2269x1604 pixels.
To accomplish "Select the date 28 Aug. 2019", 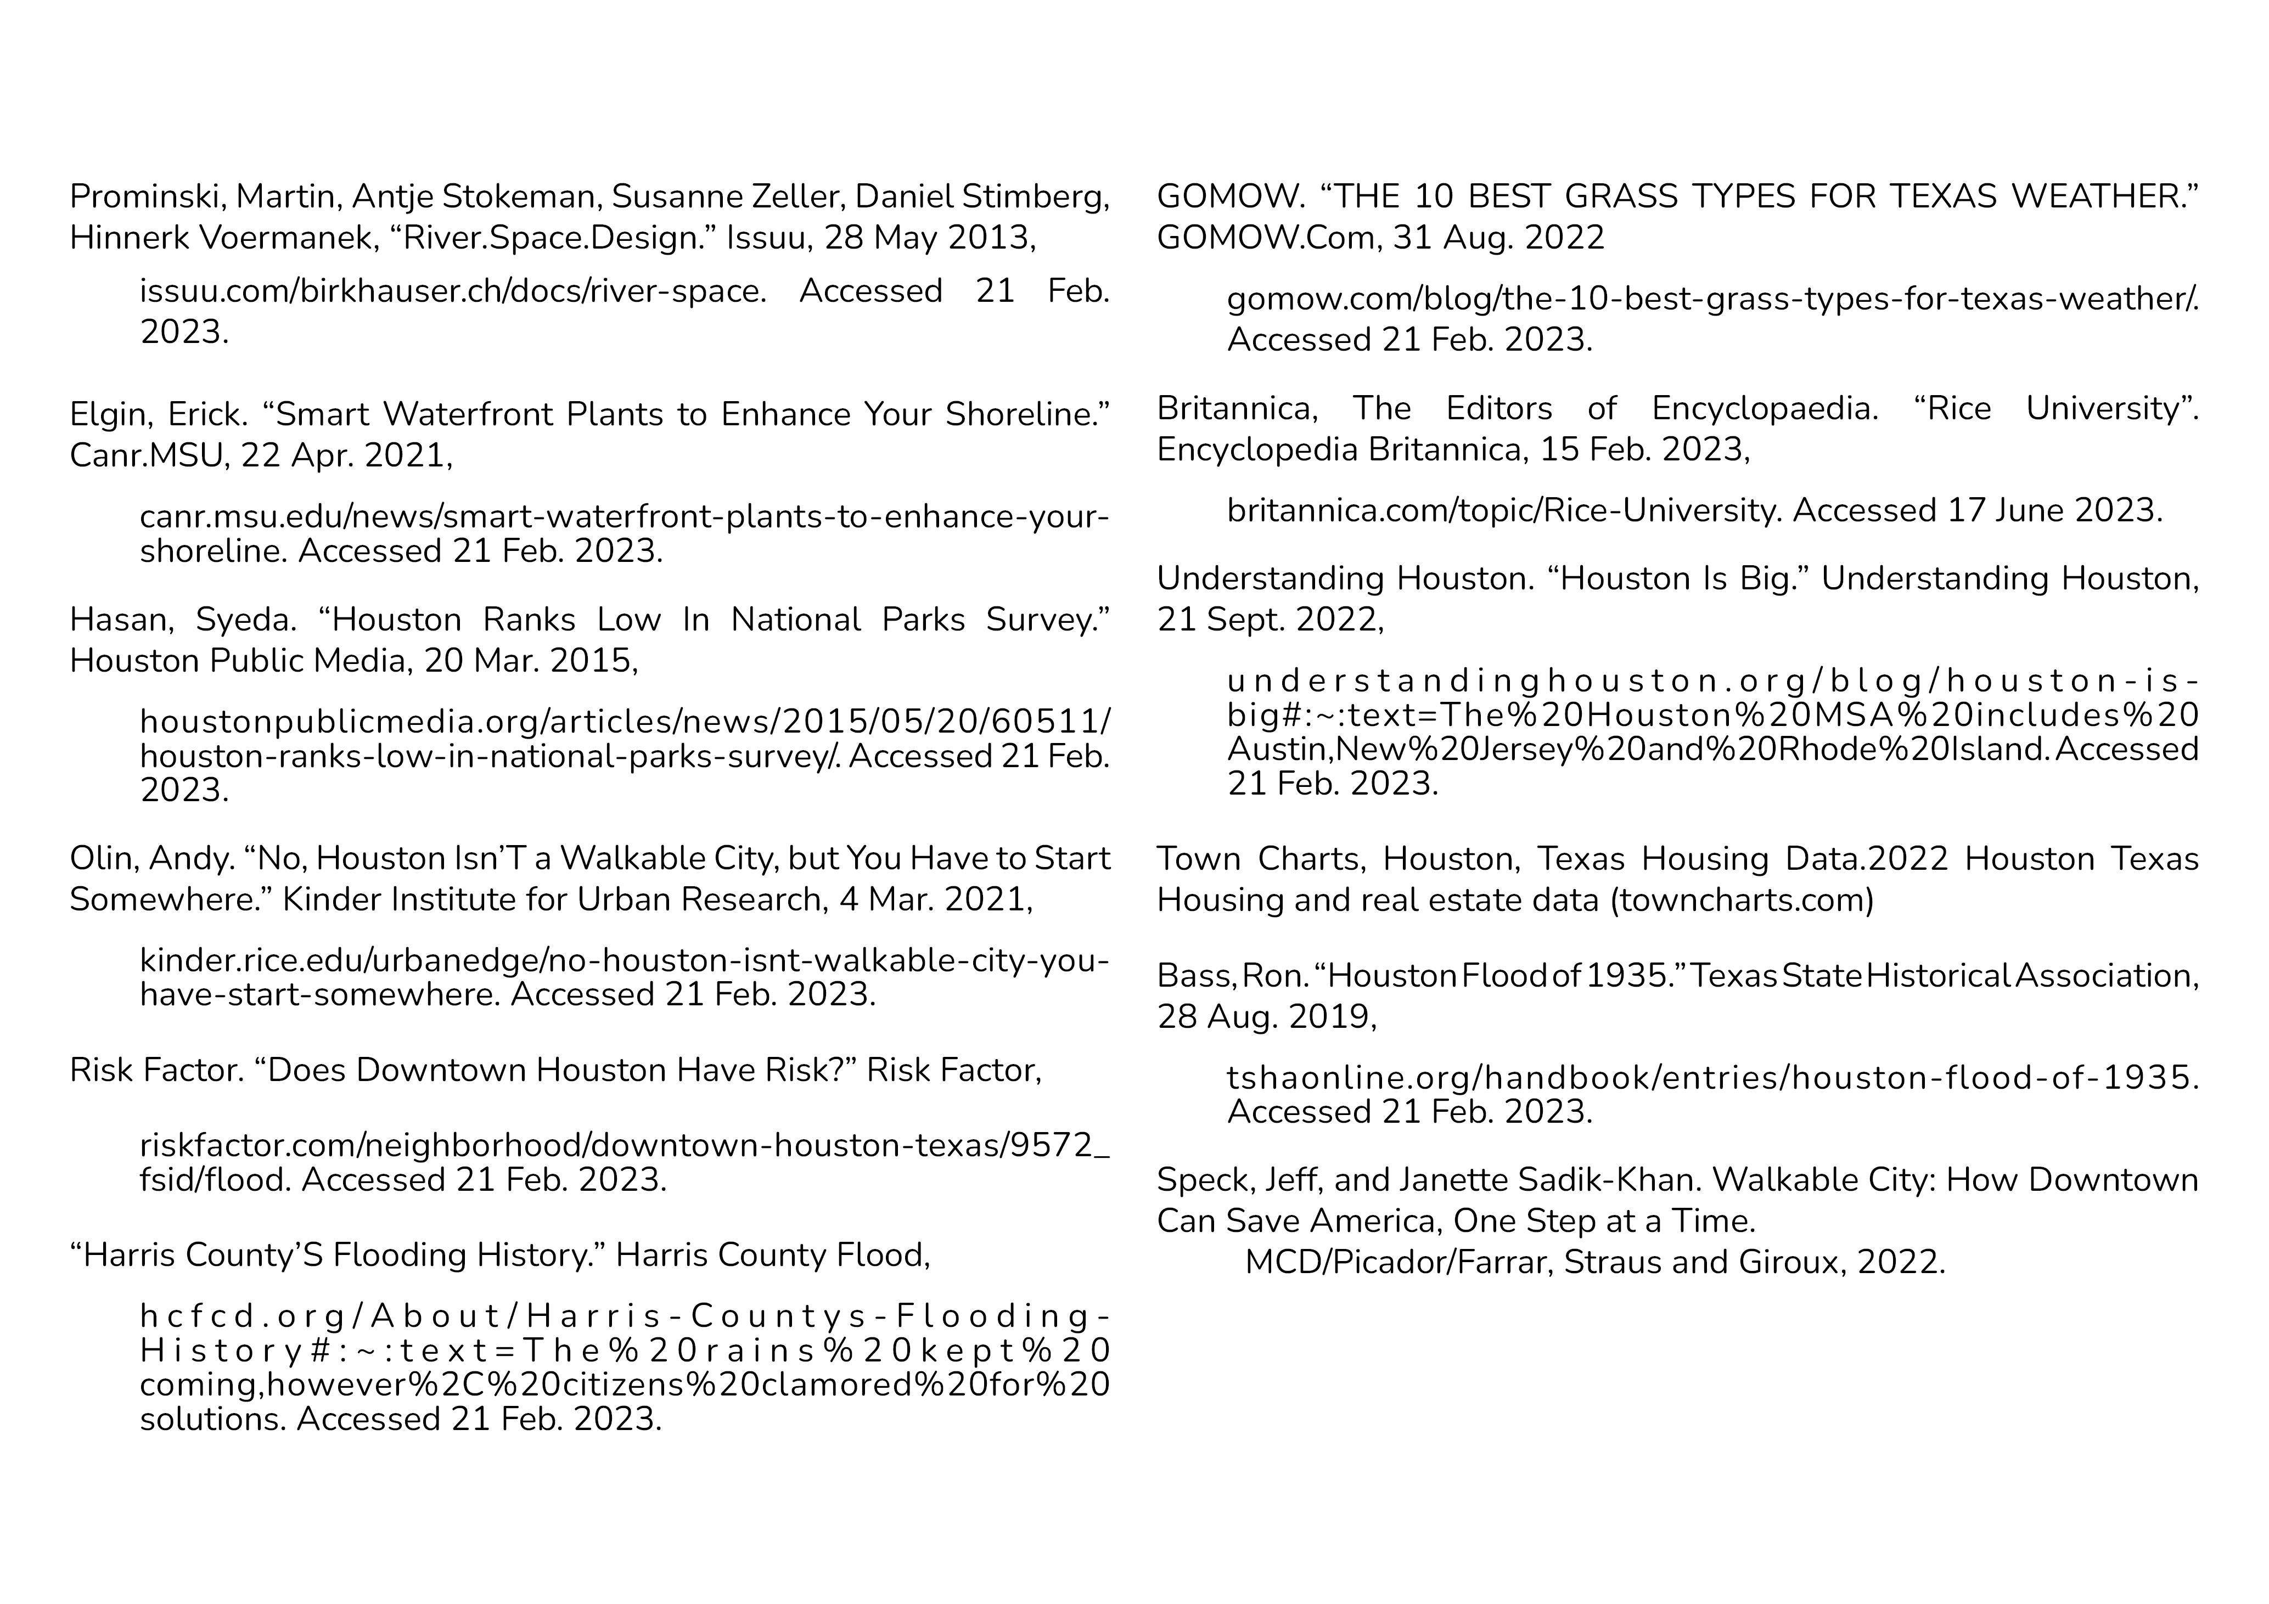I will [x=1265, y=1017].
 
